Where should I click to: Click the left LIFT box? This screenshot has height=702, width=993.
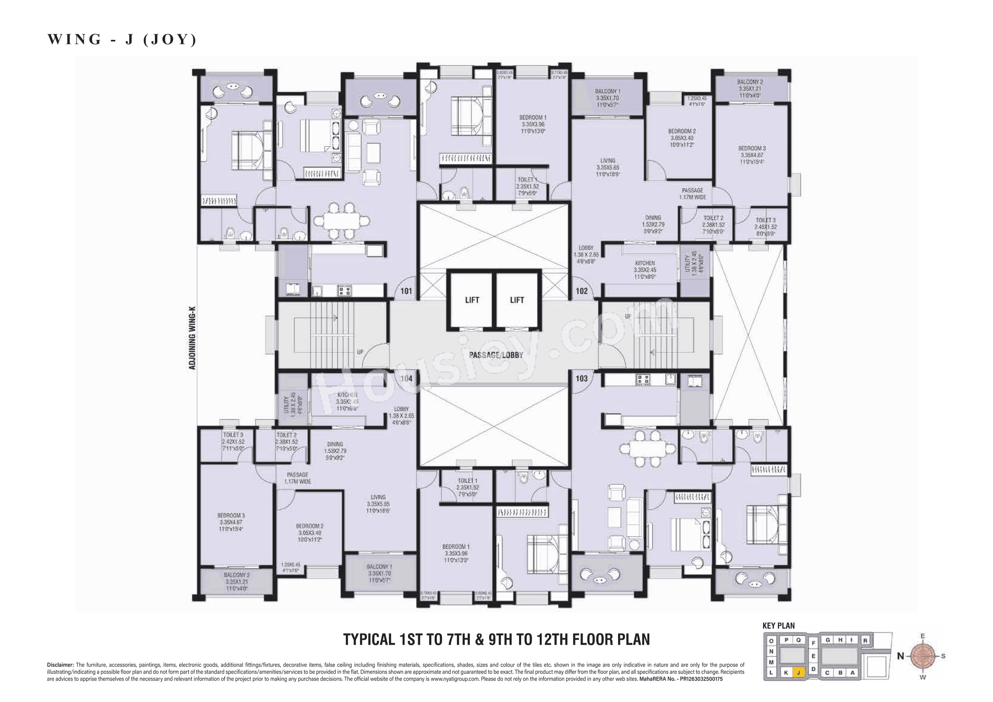pos(472,300)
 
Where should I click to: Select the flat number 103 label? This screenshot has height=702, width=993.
pos(581,378)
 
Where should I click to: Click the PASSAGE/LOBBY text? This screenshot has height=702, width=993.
pos(496,355)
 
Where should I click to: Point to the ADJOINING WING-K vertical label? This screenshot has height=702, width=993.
pos(192,338)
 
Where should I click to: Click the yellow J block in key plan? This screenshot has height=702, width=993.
pos(798,673)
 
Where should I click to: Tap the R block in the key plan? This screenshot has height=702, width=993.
pos(865,640)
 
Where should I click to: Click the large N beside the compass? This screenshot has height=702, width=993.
pos(901,656)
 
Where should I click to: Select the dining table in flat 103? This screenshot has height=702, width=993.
pos(647,448)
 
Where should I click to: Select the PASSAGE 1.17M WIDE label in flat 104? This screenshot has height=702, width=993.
pos(297,478)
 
